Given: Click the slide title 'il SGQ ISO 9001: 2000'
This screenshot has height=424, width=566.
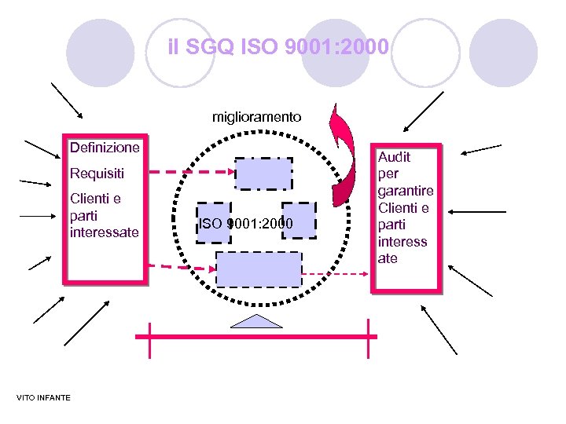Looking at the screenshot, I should tap(278, 48).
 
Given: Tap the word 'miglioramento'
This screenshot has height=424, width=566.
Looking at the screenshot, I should tap(256, 116).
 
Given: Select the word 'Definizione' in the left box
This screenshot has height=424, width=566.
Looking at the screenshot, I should tap(105, 148).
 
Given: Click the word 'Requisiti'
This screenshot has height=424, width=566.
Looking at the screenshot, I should tap(97, 173).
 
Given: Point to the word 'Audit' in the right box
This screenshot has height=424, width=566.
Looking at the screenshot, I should tap(394, 156).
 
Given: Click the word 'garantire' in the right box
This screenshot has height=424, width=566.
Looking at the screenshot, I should tap(406, 191).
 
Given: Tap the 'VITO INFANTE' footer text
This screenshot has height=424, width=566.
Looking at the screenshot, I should tap(43, 397).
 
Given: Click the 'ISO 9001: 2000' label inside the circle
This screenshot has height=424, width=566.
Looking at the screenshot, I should tap(246, 225).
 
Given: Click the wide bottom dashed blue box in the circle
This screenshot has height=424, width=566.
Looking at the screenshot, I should tap(259, 269).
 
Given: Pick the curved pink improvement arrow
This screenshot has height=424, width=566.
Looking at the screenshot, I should tap(342, 153).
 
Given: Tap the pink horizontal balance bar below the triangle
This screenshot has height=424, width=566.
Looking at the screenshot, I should tap(256, 336).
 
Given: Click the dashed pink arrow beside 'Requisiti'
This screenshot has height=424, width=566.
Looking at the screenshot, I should tap(189, 173).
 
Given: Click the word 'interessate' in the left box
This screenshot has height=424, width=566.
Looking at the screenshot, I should tap(104, 232).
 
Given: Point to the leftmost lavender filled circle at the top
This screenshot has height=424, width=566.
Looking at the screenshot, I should tap(100, 52).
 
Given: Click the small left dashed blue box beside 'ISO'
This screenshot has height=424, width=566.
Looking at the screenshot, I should tap(214, 223).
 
